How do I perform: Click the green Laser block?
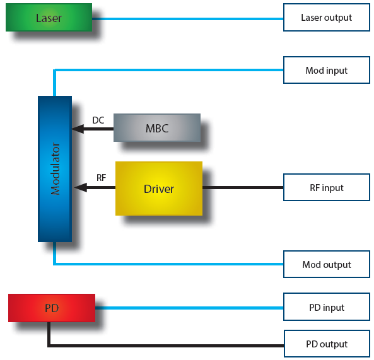pos(49,18)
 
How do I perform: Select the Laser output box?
pos(327,18)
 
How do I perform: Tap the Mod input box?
pos(327,70)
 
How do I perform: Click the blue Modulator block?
pos(55,169)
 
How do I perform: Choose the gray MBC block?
pos(157,128)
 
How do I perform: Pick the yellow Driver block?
pos(159,189)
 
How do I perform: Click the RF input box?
pos(327,187)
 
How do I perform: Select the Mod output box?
pos(327,264)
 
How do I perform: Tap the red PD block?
pos(52,308)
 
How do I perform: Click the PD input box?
pos(327,307)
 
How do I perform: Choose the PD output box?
pos(327,344)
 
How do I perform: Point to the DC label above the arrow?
pos(98,120)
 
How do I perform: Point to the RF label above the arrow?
pos(101,178)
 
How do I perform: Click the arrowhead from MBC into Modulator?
pos(78,129)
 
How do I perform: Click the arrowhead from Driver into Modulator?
pos(81,188)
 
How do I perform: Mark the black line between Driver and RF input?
pos(243,188)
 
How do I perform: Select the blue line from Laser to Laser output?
pos(188,19)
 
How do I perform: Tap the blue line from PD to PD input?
pos(189,308)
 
